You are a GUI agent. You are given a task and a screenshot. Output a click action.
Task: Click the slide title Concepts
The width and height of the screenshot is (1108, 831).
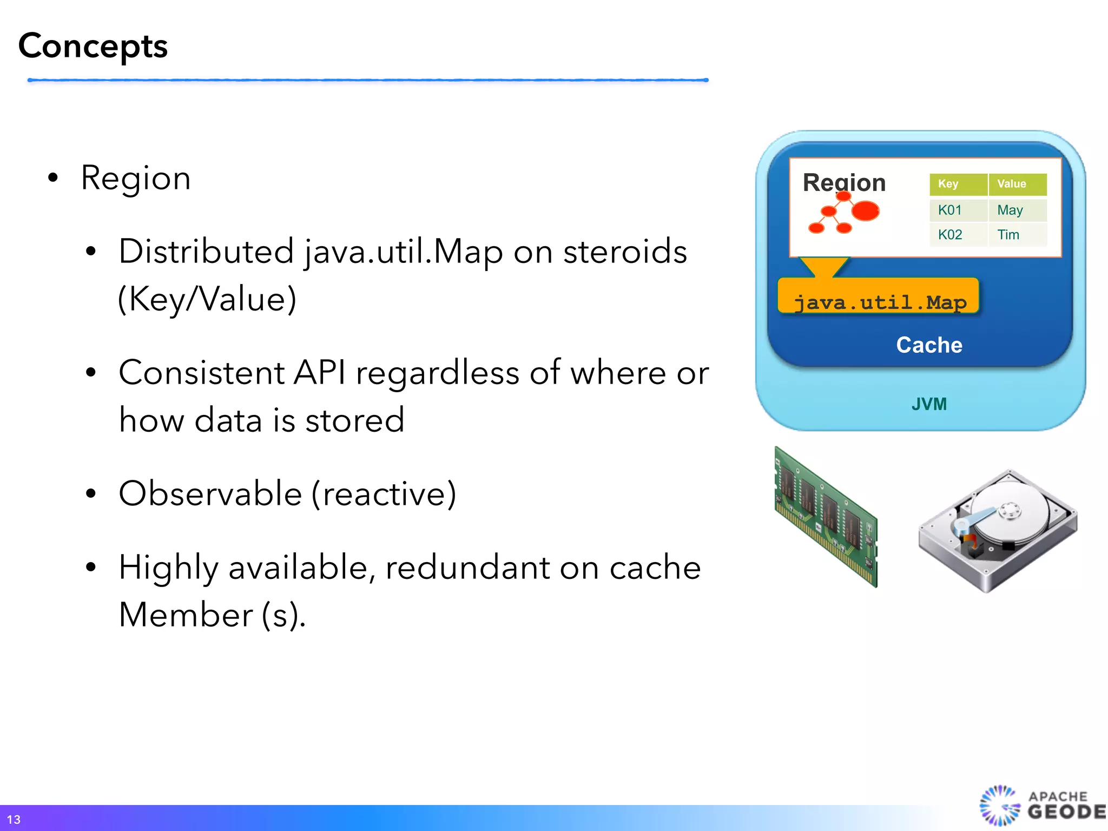point(93,47)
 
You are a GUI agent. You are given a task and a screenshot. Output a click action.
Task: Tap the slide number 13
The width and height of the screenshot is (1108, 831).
point(14,819)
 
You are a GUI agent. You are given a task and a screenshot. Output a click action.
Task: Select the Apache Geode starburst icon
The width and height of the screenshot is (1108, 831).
point(999,806)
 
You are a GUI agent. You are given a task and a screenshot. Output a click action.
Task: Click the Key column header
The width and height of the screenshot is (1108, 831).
point(948,184)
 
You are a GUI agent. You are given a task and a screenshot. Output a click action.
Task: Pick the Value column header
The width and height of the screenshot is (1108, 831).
point(1011,184)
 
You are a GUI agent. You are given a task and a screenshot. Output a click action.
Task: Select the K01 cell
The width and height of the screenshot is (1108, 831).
point(950,210)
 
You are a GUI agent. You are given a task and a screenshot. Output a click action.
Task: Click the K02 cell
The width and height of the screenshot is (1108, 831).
point(950,235)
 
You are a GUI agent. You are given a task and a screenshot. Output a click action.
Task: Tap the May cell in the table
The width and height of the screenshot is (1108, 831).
point(1010,210)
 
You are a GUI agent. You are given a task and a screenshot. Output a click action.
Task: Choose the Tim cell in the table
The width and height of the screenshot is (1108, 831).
point(1008,235)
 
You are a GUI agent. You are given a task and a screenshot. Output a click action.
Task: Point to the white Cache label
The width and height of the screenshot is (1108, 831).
point(929,345)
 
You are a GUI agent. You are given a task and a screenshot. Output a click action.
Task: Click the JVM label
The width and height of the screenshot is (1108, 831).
point(929,404)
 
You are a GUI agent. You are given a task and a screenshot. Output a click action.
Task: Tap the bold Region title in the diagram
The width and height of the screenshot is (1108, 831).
point(844,182)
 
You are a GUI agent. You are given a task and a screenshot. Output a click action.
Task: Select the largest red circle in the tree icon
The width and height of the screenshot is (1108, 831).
point(865,210)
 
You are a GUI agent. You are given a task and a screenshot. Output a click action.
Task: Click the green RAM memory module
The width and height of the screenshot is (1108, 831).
point(826,517)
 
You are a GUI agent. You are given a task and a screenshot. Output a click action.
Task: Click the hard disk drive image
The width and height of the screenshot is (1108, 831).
point(998,530)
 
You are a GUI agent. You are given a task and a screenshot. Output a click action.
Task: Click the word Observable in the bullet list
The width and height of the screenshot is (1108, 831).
point(210,493)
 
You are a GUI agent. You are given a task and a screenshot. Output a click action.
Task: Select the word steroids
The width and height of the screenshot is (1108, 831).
point(625,252)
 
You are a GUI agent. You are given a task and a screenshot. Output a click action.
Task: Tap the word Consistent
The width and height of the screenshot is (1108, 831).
point(201,373)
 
